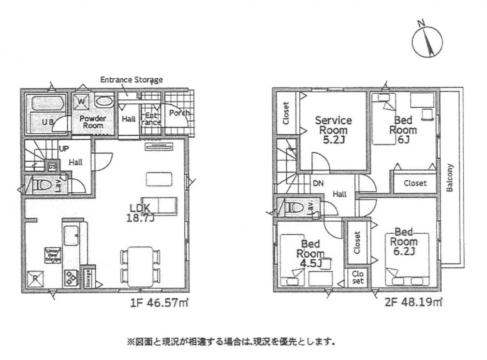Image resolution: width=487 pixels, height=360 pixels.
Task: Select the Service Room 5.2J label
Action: click(x=333, y=129)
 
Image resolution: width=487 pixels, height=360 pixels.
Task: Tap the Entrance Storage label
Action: click(x=131, y=80)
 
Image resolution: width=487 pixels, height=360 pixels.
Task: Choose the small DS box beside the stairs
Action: click(x=52, y=167)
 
